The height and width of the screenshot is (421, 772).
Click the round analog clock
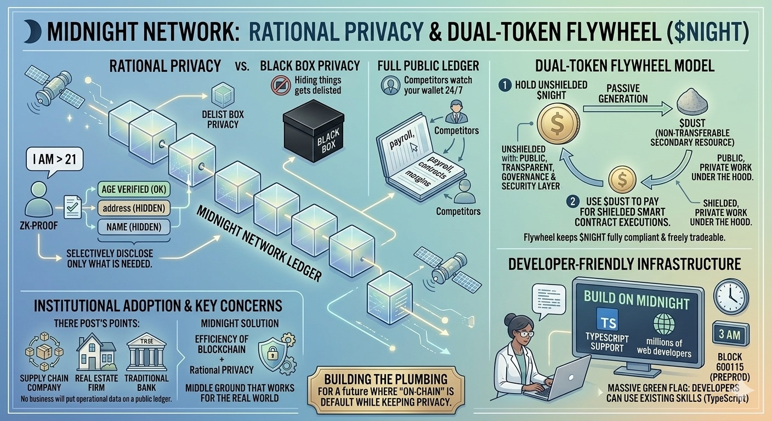click(x=731, y=297)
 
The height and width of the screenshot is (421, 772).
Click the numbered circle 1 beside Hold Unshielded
click(x=504, y=86)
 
